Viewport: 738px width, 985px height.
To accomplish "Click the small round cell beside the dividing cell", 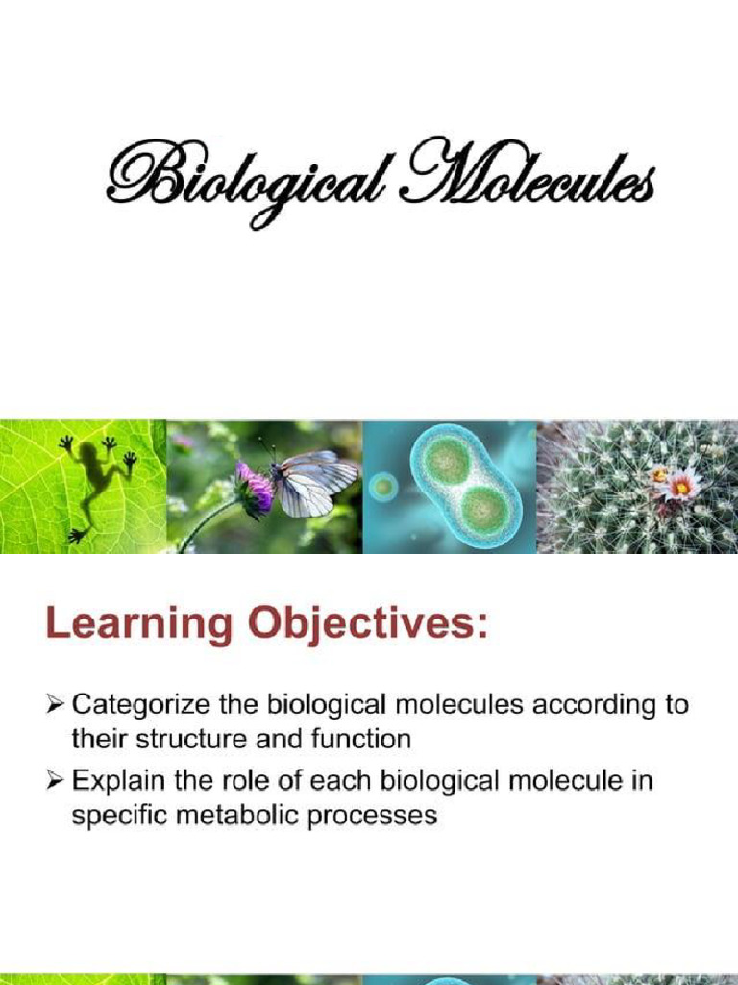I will pos(383,486).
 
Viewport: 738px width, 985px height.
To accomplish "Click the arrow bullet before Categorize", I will pos(57,705).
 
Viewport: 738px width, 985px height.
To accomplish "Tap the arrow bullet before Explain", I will pos(57,781).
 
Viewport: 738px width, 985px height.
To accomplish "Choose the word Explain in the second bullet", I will pos(115,781).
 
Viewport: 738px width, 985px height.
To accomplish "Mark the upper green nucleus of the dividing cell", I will pos(446,462).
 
